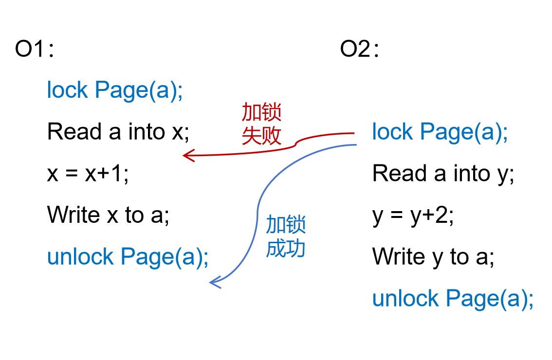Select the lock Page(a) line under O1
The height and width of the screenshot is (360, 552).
tap(115, 90)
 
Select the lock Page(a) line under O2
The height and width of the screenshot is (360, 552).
tap(440, 132)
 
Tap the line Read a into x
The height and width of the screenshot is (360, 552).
tap(118, 132)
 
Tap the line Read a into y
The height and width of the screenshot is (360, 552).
tap(443, 174)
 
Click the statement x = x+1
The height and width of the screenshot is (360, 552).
tap(88, 174)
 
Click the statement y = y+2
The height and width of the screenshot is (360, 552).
tap(413, 216)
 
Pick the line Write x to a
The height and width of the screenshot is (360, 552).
tap(108, 216)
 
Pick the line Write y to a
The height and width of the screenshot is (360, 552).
tap(433, 257)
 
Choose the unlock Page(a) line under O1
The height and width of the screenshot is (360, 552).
tap(128, 257)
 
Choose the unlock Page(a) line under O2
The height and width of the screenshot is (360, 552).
tap(453, 299)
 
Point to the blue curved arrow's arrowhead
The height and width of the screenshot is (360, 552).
tap(213, 283)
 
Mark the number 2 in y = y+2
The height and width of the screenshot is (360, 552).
tap(443, 216)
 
